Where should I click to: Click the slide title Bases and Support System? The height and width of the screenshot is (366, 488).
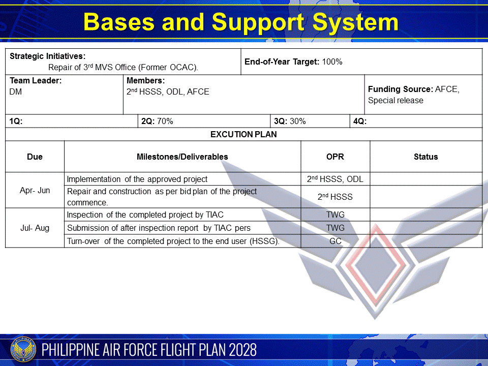(241, 22)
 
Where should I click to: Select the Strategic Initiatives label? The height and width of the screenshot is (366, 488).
(48, 56)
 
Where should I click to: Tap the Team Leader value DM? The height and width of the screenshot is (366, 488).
(16, 92)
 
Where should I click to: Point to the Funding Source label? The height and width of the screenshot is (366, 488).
(400, 89)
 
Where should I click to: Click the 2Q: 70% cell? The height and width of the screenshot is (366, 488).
(157, 121)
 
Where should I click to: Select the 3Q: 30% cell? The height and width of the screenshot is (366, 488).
(290, 121)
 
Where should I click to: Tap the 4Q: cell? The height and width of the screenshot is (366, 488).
(359, 121)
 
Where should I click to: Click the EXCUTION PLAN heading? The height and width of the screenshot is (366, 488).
(243, 135)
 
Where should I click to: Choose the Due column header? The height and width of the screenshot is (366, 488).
(35, 157)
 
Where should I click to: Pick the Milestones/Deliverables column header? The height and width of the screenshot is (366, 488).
(182, 157)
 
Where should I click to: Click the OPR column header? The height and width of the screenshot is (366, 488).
(335, 157)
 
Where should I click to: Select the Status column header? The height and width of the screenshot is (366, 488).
(425, 157)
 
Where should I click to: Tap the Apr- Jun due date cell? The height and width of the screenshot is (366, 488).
(35, 191)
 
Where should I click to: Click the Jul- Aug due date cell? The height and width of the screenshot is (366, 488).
(35, 228)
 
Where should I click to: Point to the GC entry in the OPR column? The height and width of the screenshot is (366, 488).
(335, 241)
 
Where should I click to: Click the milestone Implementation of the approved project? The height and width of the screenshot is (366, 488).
(137, 179)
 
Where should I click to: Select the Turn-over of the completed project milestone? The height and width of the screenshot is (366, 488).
(173, 241)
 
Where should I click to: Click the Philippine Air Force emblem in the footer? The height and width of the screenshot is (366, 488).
(22, 350)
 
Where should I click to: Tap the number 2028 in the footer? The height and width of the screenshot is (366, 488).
(242, 350)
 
